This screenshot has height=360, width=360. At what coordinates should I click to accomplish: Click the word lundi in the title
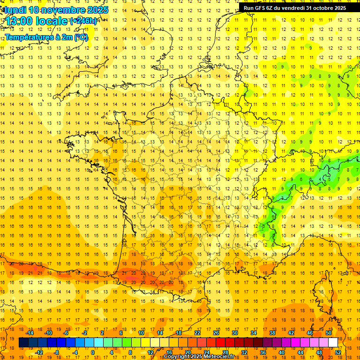pyautogui.click(x=15, y=10)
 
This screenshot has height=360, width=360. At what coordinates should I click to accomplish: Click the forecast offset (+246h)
pyautogui.click(x=83, y=21)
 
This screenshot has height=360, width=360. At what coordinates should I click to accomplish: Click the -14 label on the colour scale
pyautogui.click(x=31, y=333)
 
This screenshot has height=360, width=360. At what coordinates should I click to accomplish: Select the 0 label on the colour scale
pyautogui.click(x=93, y=352)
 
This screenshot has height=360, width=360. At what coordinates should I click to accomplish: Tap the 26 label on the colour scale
pyautogui.click(x=216, y=333)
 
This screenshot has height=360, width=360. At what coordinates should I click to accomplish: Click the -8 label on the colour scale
pyautogui.click(x=57, y=352)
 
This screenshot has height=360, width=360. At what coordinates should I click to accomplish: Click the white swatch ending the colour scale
pyautogui.click(x=333, y=342)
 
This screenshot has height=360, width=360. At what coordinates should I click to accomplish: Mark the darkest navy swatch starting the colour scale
pyautogui.click(x=23, y=342)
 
